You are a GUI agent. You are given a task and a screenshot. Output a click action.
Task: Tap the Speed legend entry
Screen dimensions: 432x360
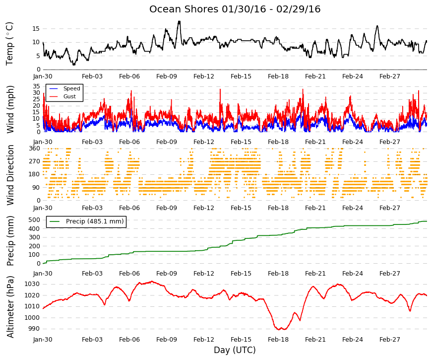click(71, 88)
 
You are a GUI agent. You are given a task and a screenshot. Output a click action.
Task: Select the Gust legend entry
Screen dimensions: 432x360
click(69, 96)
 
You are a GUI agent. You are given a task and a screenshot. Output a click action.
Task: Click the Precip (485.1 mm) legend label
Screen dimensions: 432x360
click(95, 221)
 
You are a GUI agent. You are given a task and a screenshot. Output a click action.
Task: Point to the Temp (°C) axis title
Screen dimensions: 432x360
click(9, 44)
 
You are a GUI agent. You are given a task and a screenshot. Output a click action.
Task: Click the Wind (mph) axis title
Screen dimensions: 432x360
click(10, 109)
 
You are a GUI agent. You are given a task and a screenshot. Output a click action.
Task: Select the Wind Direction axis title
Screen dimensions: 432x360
click(10, 175)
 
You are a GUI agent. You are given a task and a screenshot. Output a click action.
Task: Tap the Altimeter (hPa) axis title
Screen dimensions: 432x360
click(10, 306)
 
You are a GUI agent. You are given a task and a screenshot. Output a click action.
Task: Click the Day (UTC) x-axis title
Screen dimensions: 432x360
click(235, 350)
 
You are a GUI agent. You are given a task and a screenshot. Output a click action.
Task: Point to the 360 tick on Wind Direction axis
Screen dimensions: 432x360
click(34, 148)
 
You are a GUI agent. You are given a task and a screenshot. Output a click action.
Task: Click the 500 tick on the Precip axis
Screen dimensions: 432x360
click(34, 220)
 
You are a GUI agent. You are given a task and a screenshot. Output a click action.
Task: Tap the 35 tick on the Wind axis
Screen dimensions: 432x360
click(36, 86)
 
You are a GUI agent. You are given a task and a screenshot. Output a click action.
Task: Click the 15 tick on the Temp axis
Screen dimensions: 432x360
click(36, 29)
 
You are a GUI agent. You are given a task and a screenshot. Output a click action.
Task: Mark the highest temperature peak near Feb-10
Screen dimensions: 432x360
click(179, 21)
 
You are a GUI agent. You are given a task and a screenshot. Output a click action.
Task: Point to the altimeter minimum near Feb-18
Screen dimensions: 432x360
click(279, 329)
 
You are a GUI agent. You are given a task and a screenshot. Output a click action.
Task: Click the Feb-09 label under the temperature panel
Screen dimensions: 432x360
click(167, 76)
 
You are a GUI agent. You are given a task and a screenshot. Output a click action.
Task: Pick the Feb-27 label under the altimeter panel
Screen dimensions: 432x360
click(389, 339)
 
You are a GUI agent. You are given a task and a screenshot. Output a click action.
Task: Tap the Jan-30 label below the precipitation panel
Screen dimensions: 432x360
click(43, 274)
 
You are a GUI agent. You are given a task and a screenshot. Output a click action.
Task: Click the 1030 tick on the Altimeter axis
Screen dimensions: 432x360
click(32, 284)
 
